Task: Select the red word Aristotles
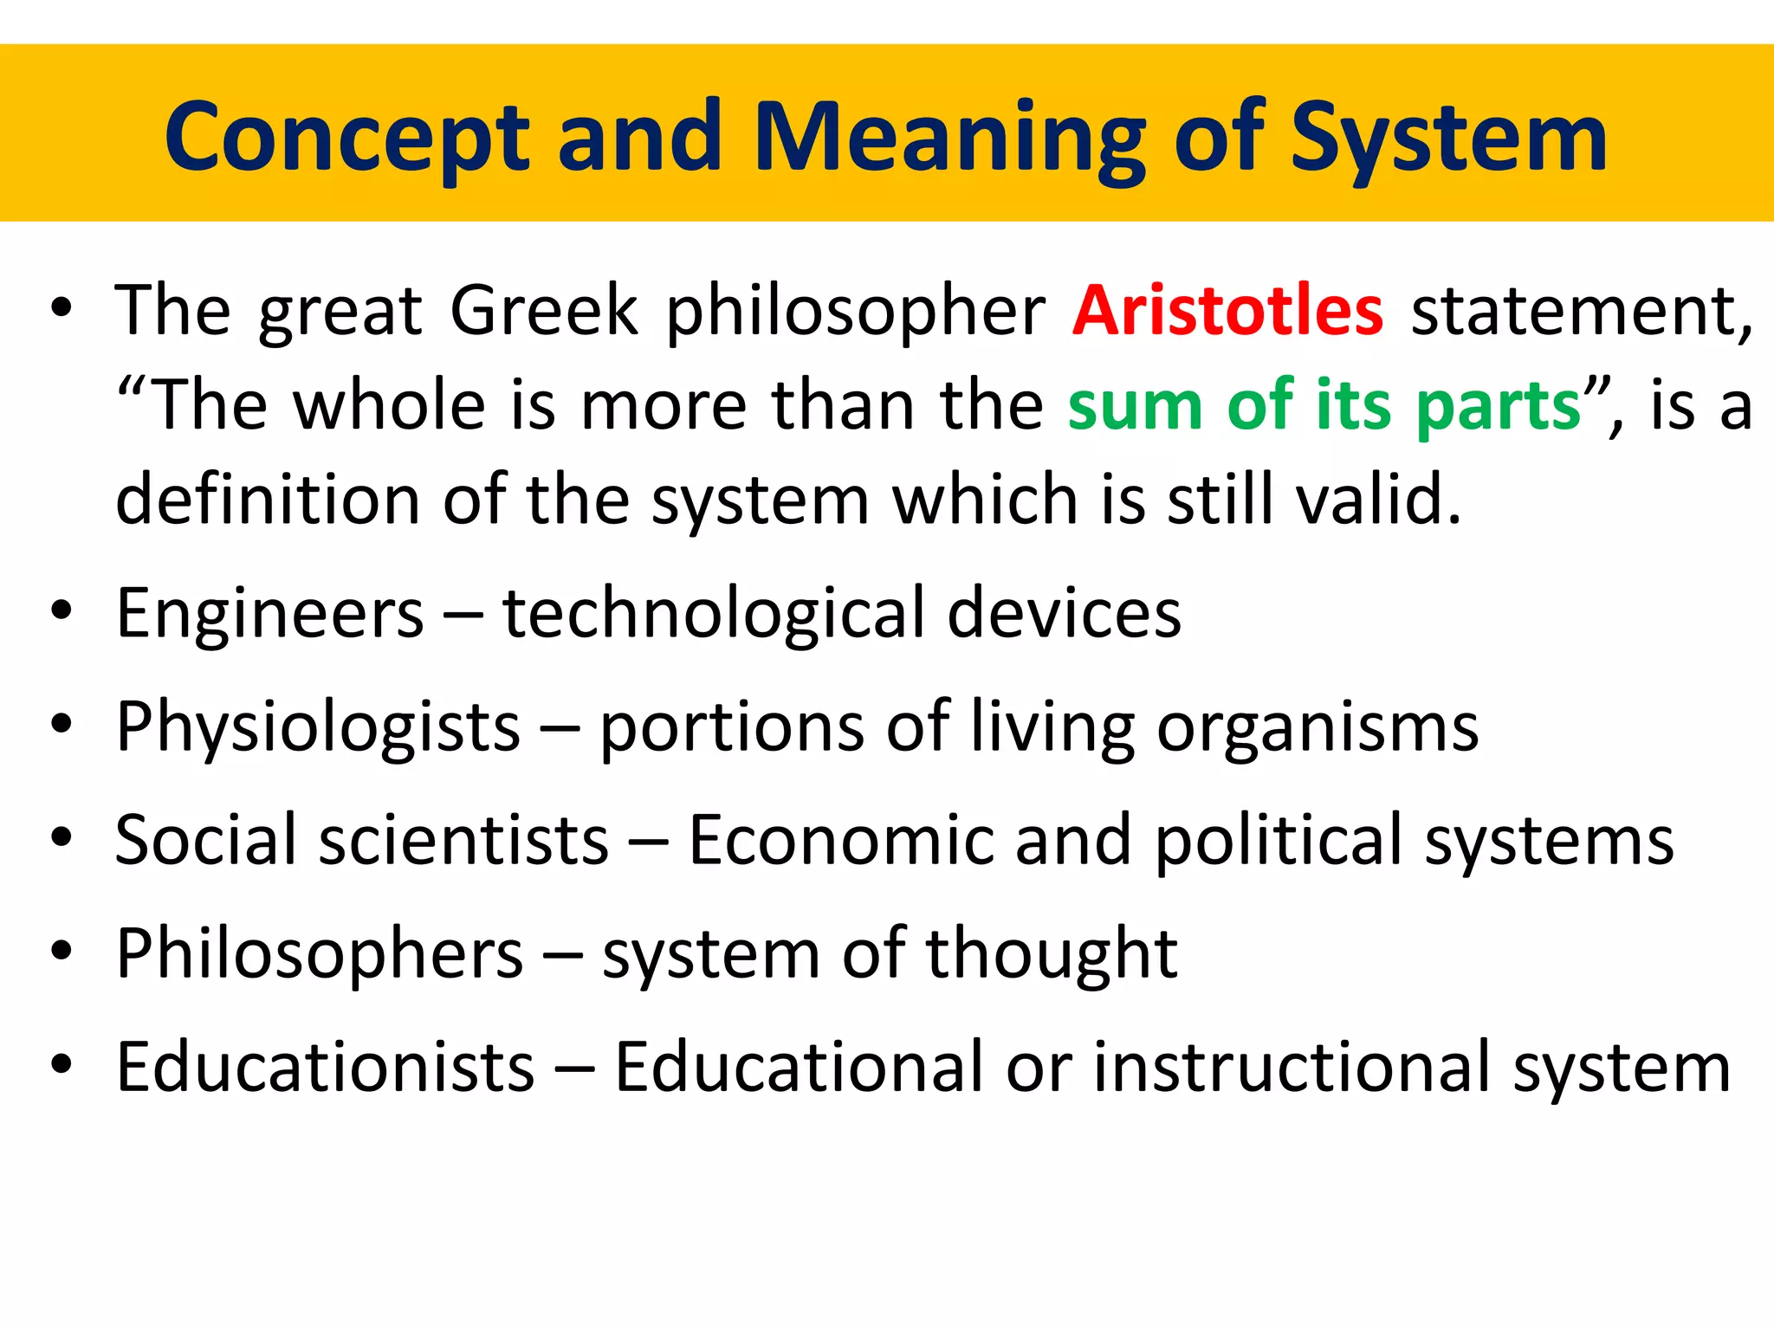click(x=1227, y=310)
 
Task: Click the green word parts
click(x=1499, y=405)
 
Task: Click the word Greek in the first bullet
click(x=543, y=310)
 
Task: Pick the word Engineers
click(x=270, y=613)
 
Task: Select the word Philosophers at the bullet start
click(x=320, y=953)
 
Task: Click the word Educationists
click(x=325, y=1067)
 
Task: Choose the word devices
click(x=1064, y=613)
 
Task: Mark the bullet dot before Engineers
click(x=61, y=610)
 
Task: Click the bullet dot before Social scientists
click(x=61, y=837)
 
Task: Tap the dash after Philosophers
click(x=562, y=957)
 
